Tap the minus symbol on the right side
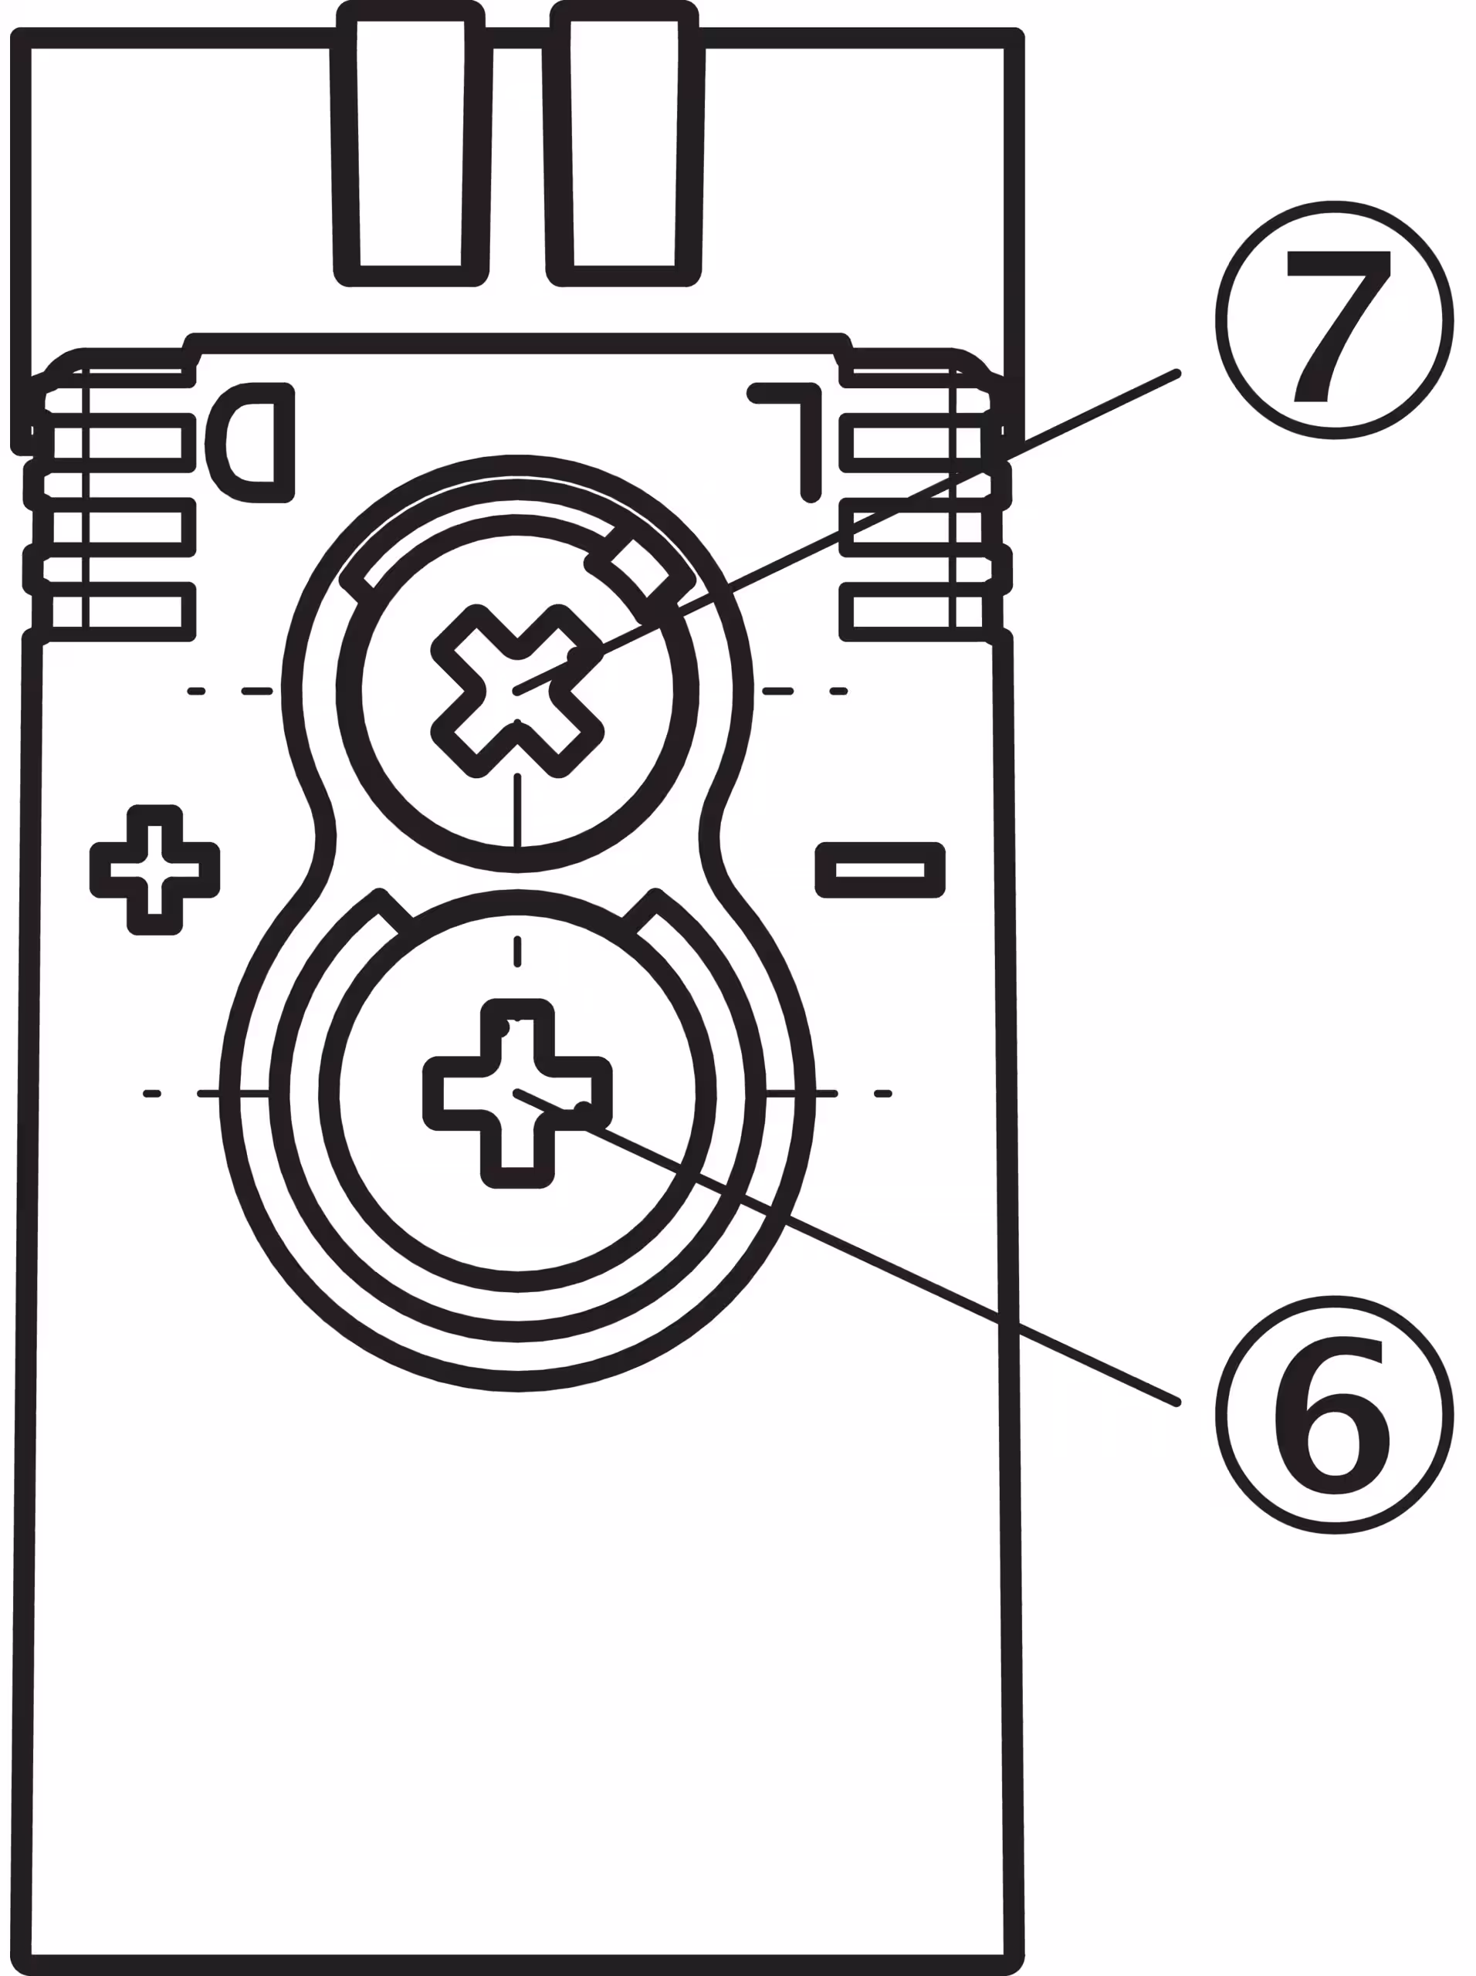880,869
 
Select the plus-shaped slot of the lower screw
517,1094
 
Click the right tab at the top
624,143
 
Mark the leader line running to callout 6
893,1268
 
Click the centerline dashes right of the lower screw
831,1094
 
